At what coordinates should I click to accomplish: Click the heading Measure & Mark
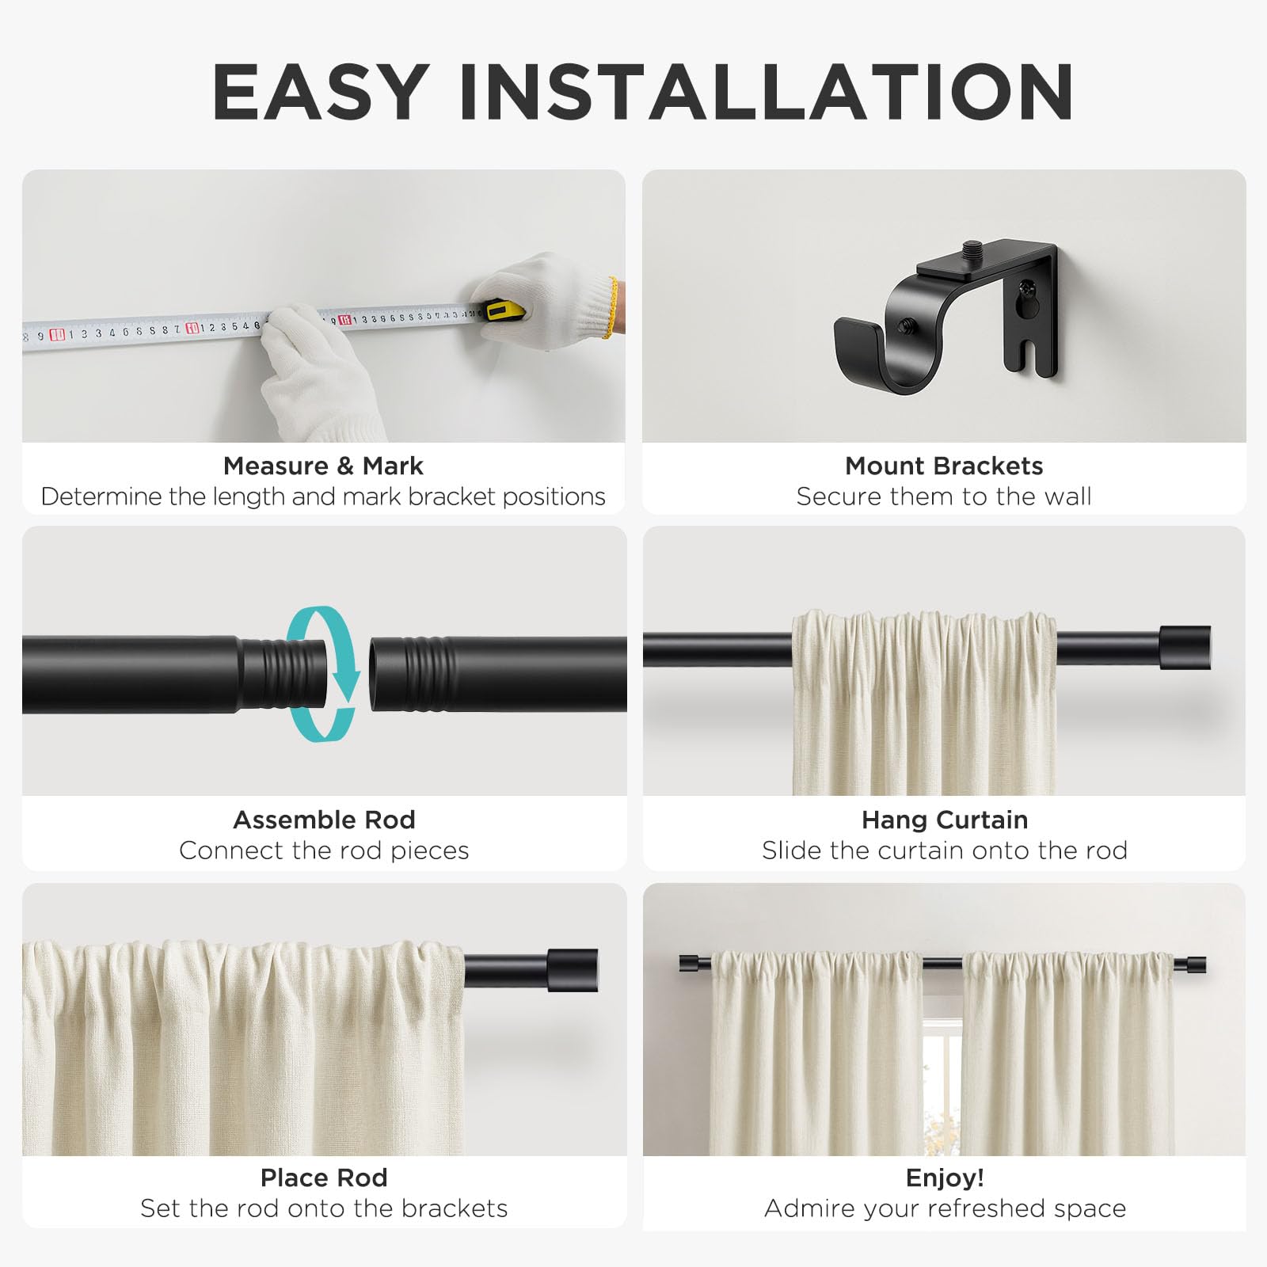pos(323,466)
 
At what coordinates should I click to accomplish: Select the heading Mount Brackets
pos(944,466)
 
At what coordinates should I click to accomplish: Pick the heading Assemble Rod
pos(324,820)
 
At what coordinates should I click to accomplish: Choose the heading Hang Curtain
pos(945,820)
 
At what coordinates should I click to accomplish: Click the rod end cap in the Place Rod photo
pos(573,970)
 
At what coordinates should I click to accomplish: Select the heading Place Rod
pos(324,1178)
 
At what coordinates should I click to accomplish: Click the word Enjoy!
pos(945,1178)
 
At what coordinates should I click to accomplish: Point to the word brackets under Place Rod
pos(455,1208)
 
